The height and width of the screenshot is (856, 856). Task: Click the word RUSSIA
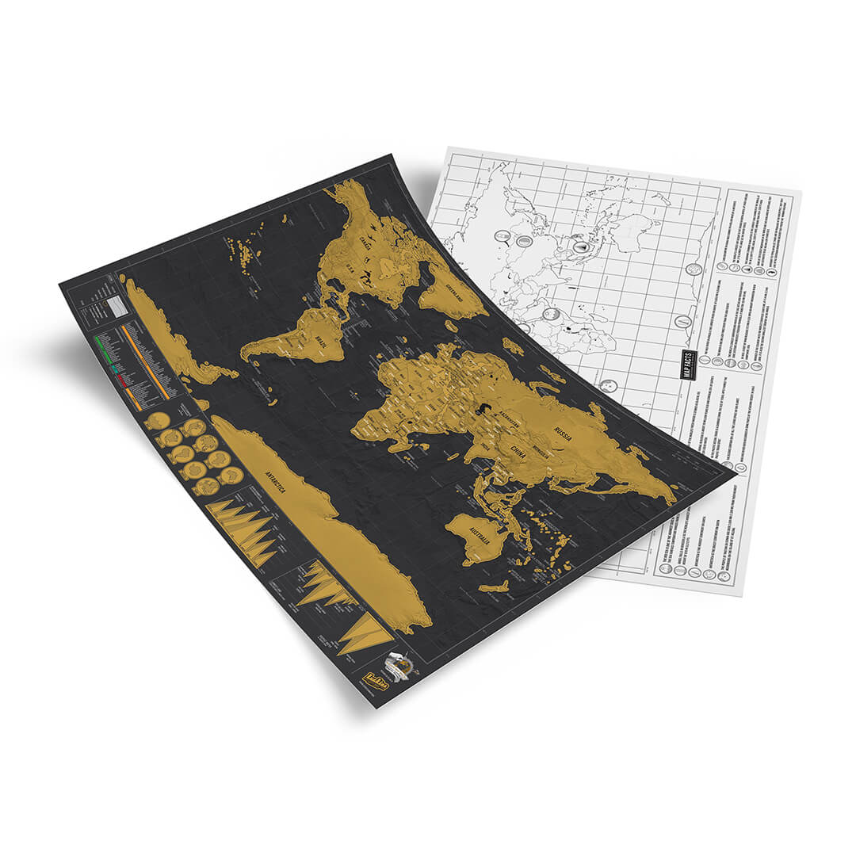tap(564, 434)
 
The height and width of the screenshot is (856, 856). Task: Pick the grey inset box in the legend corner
tap(117, 306)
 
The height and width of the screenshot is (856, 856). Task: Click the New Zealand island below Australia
tap(495, 587)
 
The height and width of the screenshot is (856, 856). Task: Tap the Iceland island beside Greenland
tap(512, 346)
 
